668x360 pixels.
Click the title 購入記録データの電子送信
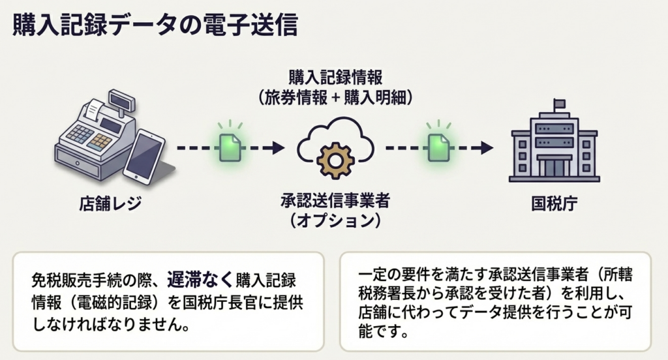(x=155, y=25)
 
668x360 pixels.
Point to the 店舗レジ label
(x=107, y=205)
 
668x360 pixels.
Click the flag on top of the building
(x=560, y=104)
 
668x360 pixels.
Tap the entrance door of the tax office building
(x=554, y=166)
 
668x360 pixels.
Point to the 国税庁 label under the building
(x=554, y=203)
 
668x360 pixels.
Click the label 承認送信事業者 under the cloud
(x=335, y=202)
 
